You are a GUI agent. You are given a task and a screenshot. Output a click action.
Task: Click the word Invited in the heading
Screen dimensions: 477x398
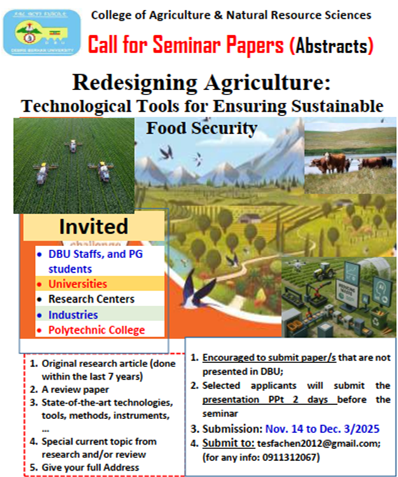[x=93, y=227]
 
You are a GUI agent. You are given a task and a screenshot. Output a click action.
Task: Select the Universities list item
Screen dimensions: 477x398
[x=78, y=284]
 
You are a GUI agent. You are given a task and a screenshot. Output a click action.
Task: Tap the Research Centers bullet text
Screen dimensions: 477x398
[x=91, y=299]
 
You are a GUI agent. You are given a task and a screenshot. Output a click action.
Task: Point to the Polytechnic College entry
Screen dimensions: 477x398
[x=97, y=330]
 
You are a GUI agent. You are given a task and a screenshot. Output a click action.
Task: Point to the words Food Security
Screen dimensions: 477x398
[x=201, y=128]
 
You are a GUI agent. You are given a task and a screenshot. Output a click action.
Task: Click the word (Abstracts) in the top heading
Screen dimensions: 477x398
[x=331, y=45]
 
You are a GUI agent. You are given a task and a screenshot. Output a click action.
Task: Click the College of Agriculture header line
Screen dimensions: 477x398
[x=232, y=15]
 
